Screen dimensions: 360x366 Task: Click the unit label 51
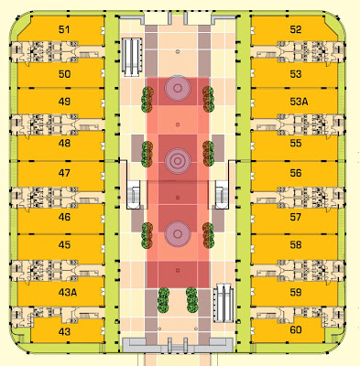click(x=64, y=30)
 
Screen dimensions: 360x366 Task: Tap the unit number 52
click(x=295, y=29)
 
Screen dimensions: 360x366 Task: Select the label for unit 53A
click(x=298, y=102)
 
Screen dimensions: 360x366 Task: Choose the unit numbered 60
click(x=295, y=329)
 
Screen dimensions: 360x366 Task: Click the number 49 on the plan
click(x=64, y=102)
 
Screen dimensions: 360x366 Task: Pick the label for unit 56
click(x=295, y=173)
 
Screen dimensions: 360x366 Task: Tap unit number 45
click(x=64, y=245)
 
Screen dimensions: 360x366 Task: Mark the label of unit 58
click(x=295, y=245)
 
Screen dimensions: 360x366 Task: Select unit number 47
click(x=64, y=173)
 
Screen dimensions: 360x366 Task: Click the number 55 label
click(x=295, y=144)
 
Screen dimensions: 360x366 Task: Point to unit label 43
click(x=64, y=331)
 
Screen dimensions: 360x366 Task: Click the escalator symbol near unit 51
click(x=133, y=49)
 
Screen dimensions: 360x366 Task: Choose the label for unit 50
click(x=64, y=73)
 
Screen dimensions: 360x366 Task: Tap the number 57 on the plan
click(x=295, y=218)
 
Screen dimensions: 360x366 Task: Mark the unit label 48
click(x=64, y=144)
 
